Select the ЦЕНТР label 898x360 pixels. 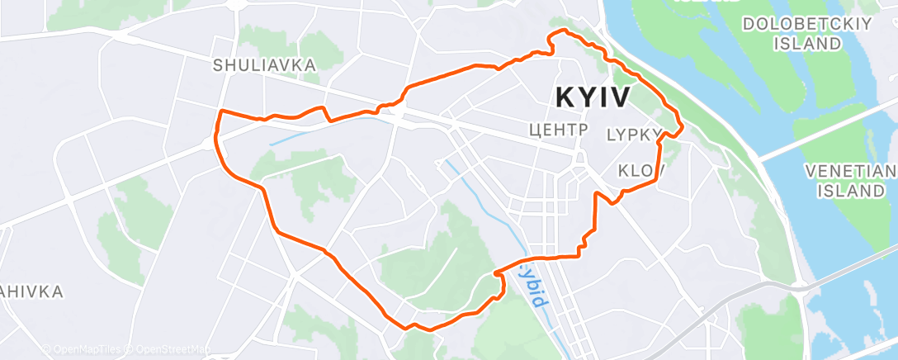(557, 130)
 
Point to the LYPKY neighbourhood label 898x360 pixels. (634, 134)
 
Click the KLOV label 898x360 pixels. (641, 171)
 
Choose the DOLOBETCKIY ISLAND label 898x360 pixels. (796, 34)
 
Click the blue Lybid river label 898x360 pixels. (533, 286)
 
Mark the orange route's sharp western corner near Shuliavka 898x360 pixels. (220, 111)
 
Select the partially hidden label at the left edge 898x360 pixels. (29, 291)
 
